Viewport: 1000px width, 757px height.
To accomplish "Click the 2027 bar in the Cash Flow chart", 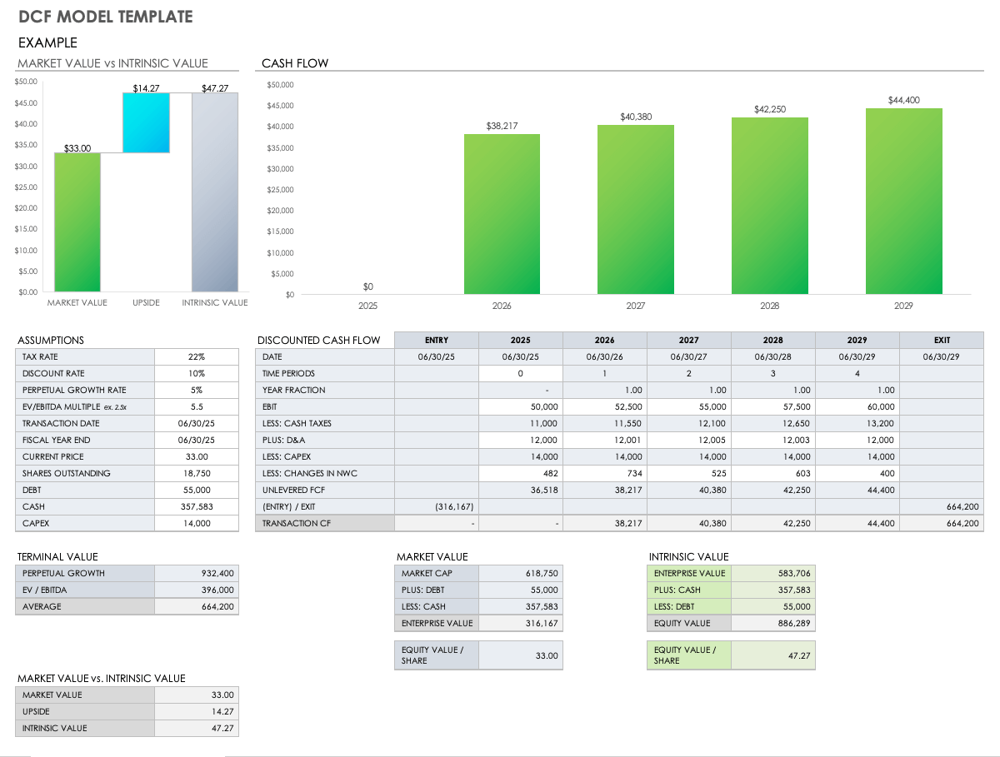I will pos(636,209).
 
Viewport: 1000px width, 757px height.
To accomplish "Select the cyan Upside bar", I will pos(146,122).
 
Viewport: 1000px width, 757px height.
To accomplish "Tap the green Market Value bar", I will pos(77,222).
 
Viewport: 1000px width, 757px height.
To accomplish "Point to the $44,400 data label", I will pos(903,100).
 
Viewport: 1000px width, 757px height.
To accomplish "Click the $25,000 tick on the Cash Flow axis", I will pos(280,190).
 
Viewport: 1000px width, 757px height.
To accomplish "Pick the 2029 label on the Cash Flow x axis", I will pos(903,306).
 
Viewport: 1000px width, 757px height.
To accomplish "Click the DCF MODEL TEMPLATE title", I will pos(105,17).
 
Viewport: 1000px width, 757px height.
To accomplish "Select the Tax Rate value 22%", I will pos(197,356).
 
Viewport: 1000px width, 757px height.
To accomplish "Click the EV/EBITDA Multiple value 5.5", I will pos(197,406).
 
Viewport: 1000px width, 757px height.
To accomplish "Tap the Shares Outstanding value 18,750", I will pos(197,473).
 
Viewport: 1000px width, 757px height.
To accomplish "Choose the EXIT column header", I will pos(942,340).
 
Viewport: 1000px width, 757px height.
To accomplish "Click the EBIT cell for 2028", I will pos(773,406).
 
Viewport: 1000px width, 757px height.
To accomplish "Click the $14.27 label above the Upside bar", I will pos(146,88).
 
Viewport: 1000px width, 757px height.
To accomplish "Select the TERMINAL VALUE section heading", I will pos(57,556).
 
